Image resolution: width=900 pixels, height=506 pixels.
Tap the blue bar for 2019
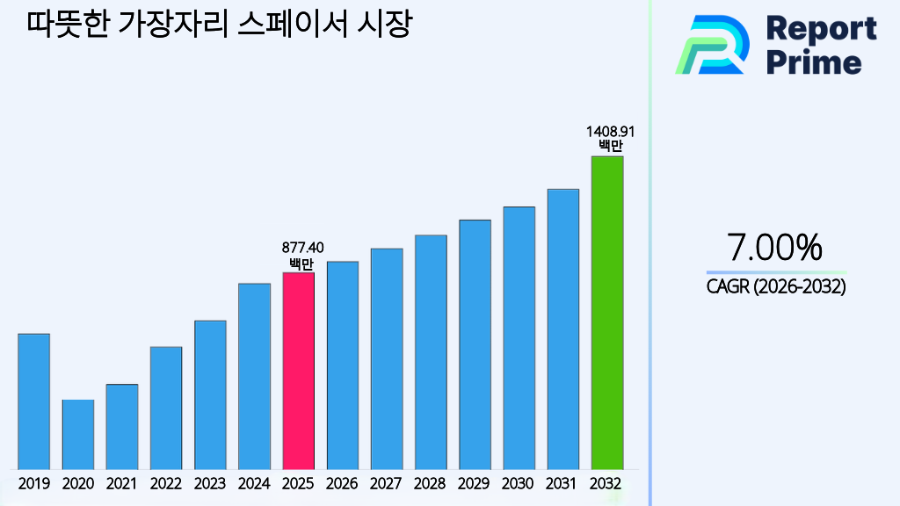[x=33, y=401]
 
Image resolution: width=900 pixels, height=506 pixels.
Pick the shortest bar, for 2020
[x=77, y=434]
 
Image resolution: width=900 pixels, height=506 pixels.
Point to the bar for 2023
[x=210, y=394]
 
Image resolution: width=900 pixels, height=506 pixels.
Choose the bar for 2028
[x=431, y=351]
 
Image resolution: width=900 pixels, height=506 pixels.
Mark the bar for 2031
[x=562, y=329]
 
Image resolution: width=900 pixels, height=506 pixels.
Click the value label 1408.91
[x=606, y=132]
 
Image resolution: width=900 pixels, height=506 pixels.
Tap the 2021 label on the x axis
[x=121, y=483]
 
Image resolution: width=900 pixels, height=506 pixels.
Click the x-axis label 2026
[x=342, y=483]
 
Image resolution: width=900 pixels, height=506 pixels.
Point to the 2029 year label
[x=475, y=483]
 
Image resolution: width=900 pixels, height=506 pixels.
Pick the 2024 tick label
[x=254, y=483]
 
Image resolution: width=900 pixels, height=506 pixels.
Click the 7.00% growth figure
[x=775, y=248]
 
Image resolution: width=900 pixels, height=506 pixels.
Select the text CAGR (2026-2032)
[x=775, y=286]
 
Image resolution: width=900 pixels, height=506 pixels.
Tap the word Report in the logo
[x=821, y=29]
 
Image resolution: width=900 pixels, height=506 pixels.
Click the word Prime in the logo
[x=814, y=62]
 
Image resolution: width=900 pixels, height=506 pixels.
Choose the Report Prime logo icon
[x=712, y=45]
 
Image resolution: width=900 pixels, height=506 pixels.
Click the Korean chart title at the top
[x=219, y=24]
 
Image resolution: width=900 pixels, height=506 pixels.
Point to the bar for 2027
[x=387, y=358]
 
